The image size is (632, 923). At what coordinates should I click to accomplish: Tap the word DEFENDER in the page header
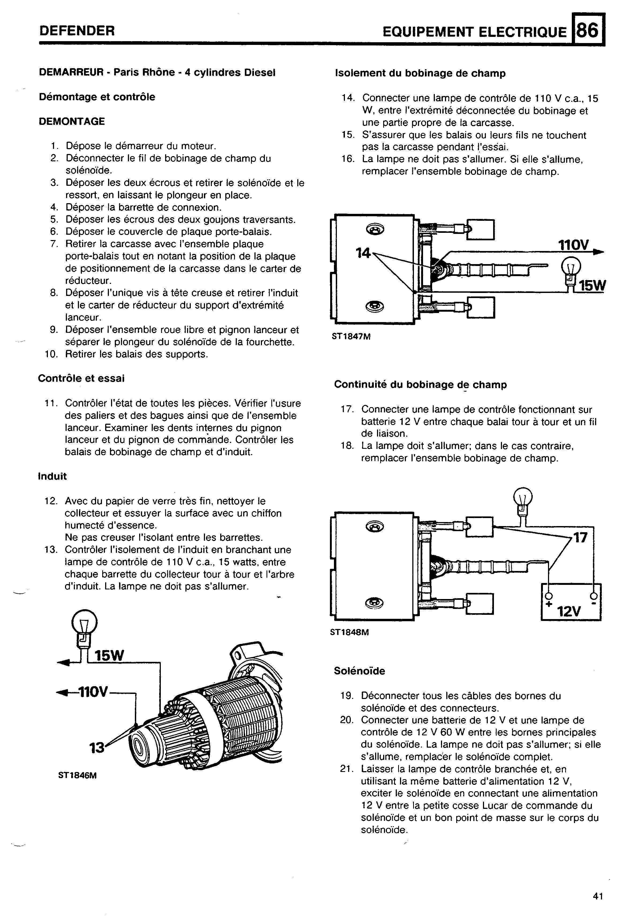coord(77,30)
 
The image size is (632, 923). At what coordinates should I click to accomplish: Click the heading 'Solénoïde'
coord(359,671)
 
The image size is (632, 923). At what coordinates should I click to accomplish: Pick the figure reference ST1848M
coord(350,632)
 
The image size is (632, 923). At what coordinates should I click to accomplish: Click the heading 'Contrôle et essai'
coord(81,379)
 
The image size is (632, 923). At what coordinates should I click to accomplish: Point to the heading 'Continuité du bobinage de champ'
coord(420,384)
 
